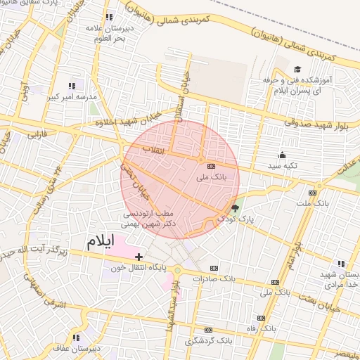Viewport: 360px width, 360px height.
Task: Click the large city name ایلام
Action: [x=100, y=242]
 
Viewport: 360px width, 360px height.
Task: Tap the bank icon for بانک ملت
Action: [x=312, y=193]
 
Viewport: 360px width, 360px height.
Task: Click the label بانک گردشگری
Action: [x=208, y=341]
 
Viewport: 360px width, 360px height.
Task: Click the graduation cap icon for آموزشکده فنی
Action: [x=297, y=69]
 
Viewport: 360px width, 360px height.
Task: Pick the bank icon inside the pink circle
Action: [x=211, y=167]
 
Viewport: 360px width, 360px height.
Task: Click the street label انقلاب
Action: [x=153, y=150]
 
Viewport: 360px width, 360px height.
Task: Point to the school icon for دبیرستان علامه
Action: [x=108, y=16]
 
